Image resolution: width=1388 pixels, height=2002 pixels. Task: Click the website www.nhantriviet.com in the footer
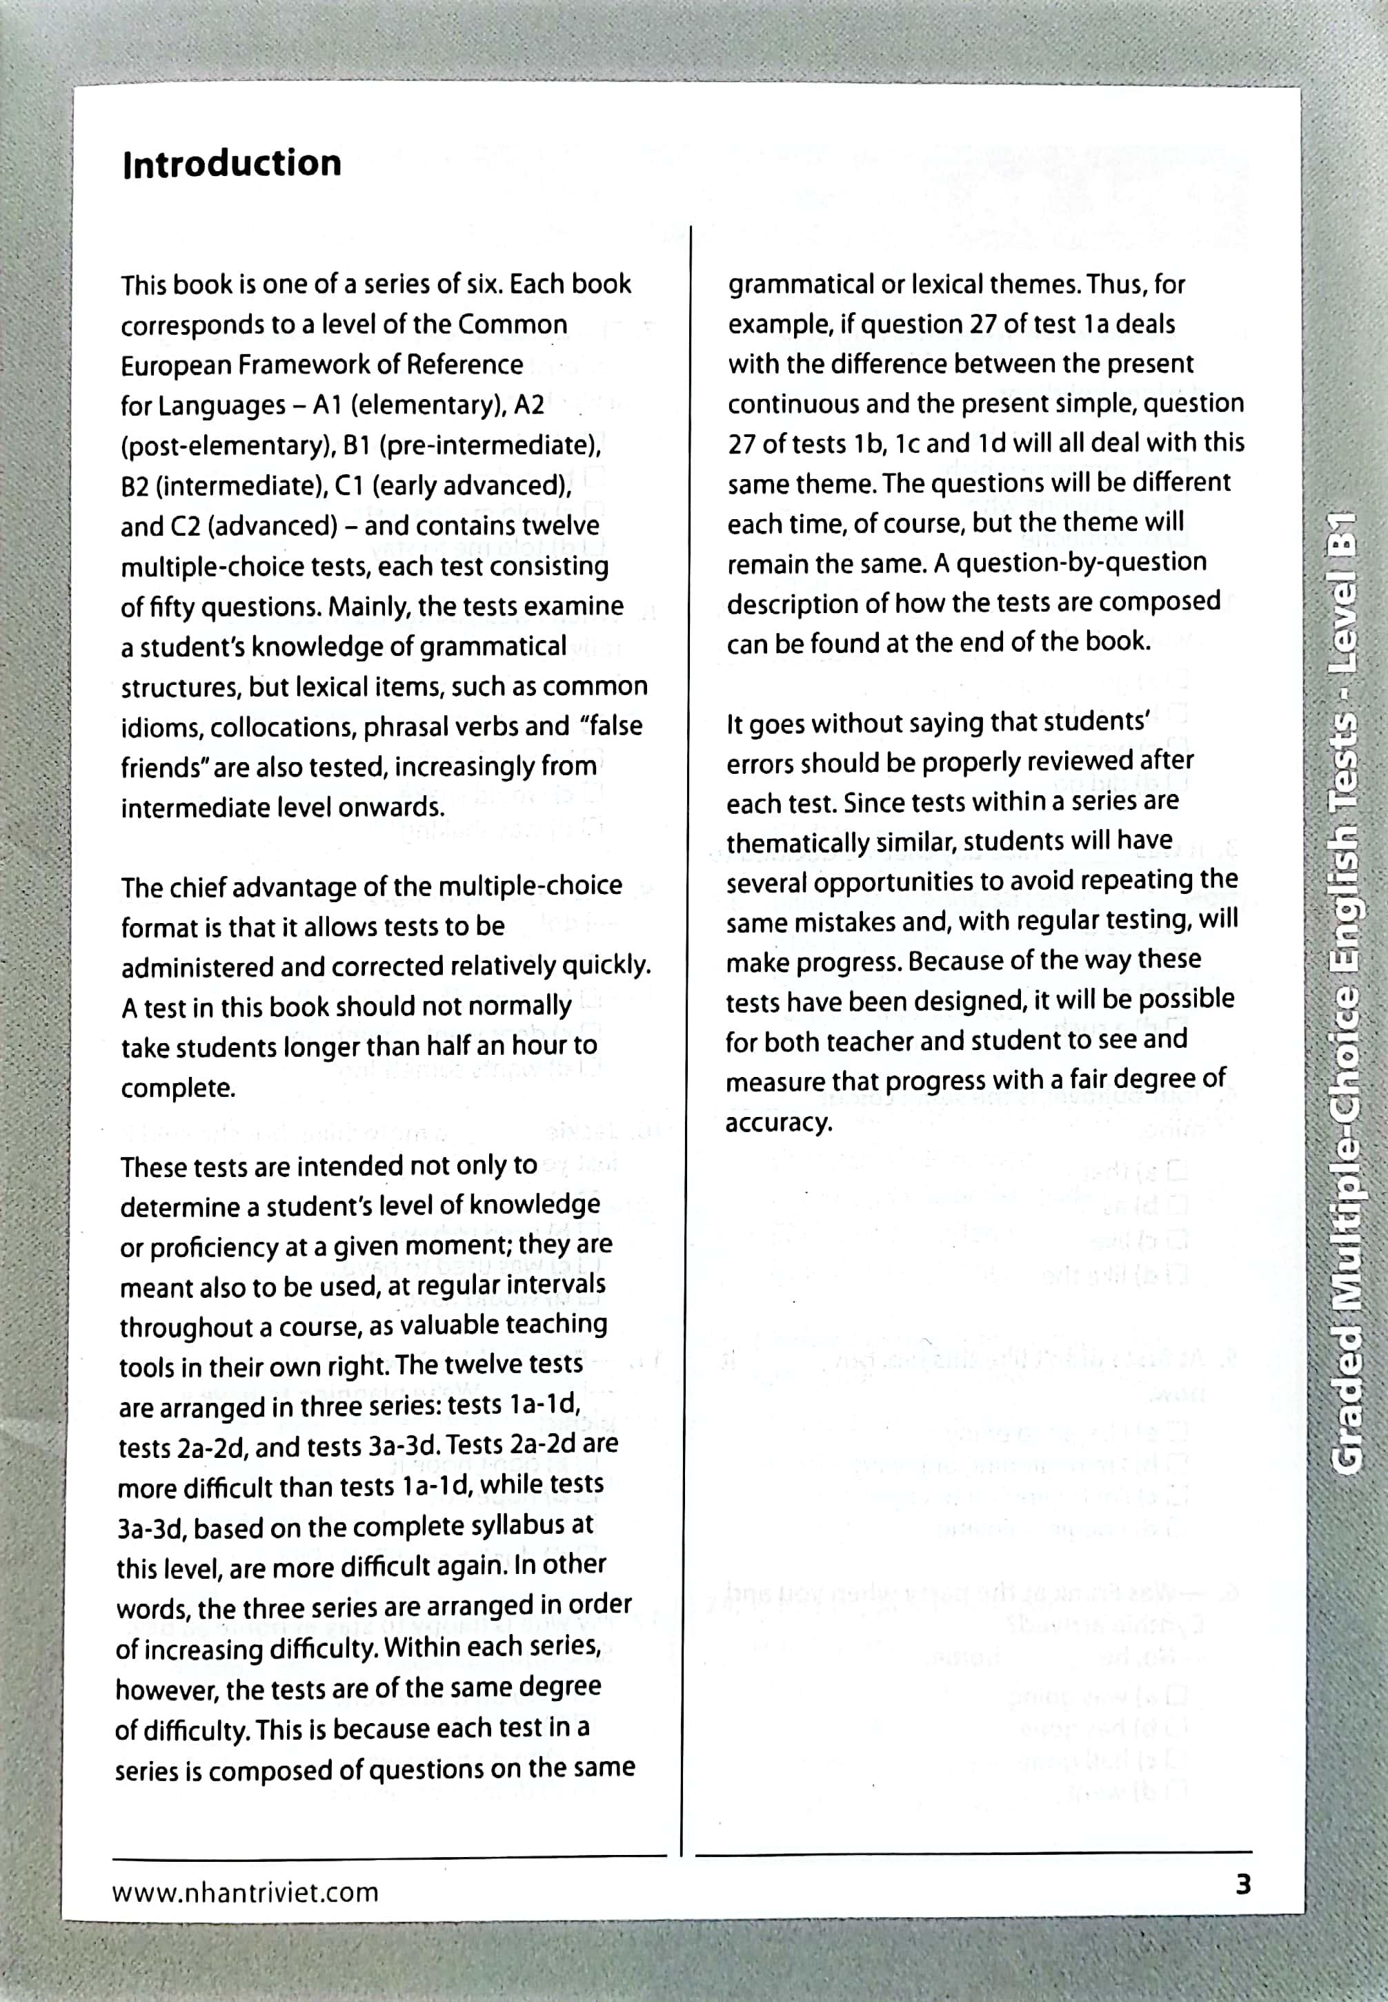(x=246, y=1892)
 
